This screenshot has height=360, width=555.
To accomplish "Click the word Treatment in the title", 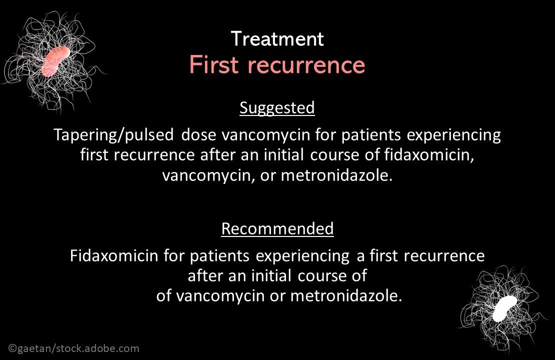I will point(277,39).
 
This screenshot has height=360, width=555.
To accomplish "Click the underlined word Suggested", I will point(277,108).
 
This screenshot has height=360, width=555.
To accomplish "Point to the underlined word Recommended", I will point(277,229).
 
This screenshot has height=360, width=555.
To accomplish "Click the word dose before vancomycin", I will point(198,135).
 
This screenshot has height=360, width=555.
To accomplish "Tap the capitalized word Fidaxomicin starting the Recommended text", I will point(114,256).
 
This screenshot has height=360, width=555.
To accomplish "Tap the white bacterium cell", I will point(504,308).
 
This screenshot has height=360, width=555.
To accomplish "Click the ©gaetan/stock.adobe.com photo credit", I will point(73,348).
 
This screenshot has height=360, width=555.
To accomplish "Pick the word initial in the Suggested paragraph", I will point(284,155).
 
